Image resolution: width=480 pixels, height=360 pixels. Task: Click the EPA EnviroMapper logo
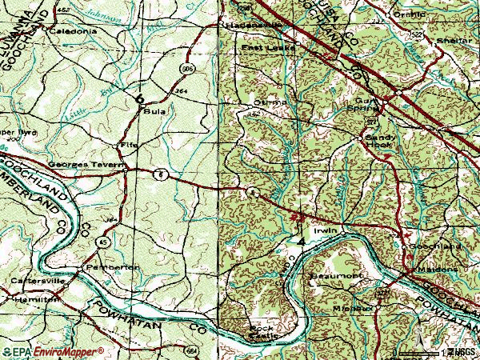pos(52,352)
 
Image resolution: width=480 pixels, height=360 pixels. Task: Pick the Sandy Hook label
pos(378,141)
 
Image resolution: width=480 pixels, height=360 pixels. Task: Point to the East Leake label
pos(268,48)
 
